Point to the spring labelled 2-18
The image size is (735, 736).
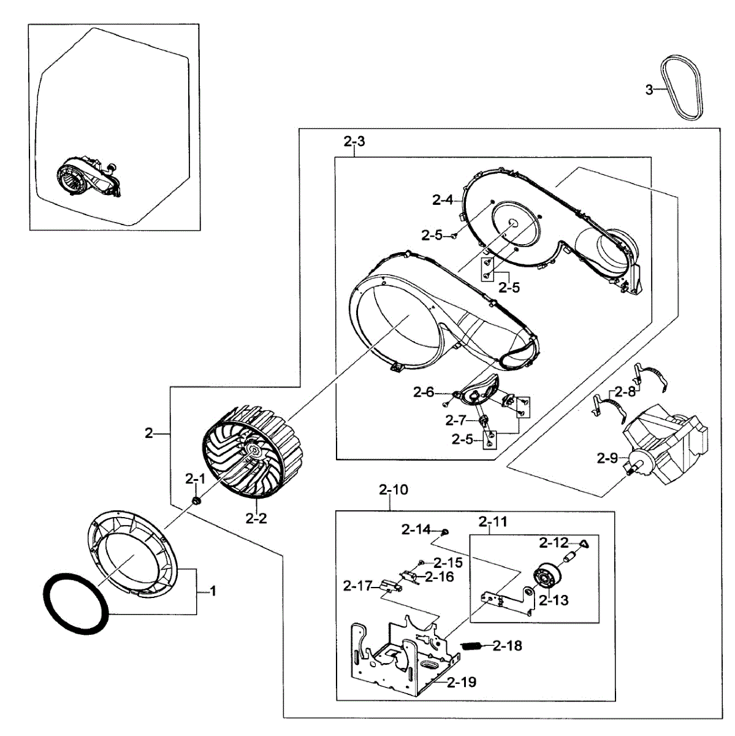[x=470, y=645]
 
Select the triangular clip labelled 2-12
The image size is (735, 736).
[x=584, y=543]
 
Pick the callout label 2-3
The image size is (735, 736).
[x=354, y=142]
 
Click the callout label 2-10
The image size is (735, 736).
[x=393, y=489]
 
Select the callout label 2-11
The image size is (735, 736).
[x=493, y=522]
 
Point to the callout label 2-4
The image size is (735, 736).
[x=443, y=199]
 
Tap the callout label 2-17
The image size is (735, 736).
[x=357, y=586]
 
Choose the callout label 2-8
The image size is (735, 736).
[x=625, y=390]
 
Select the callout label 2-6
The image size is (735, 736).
[x=424, y=392]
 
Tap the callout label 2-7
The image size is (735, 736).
[x=456, y=420]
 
